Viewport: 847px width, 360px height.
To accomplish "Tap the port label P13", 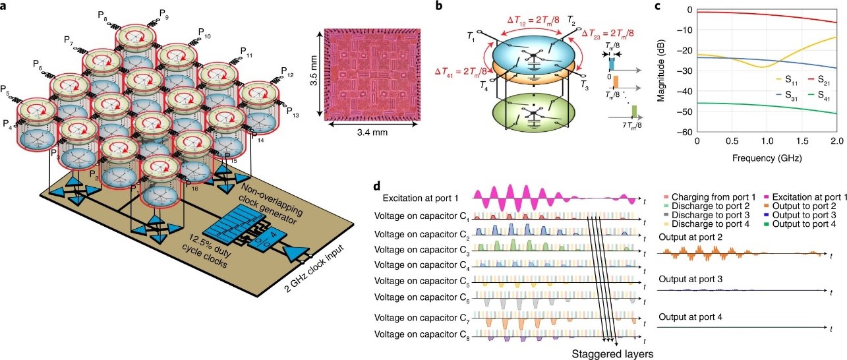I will coord(295,115).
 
